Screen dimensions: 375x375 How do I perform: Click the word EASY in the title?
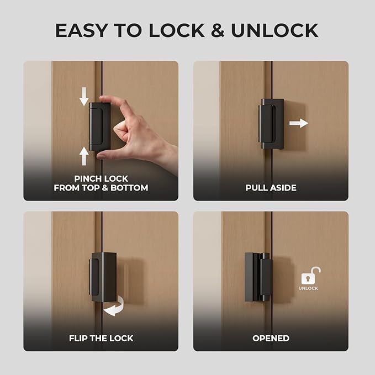coord(81,30)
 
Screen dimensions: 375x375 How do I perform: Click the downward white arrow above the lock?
coord(84,97)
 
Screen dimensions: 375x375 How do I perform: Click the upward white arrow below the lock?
coord(84,156)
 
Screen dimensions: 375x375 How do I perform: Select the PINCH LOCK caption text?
coord(101,178)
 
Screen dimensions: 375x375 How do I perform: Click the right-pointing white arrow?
coord(299,123)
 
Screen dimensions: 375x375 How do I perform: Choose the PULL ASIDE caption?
coord(271,188)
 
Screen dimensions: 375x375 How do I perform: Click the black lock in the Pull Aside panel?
coord(272,124)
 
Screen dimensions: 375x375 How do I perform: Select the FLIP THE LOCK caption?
coord(101,338)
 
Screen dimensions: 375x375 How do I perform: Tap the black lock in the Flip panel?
coord(103,276)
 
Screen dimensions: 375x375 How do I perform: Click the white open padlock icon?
coord(310,276)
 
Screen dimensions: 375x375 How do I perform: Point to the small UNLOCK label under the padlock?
coord(308,288)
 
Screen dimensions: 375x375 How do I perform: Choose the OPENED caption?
coord(271,338)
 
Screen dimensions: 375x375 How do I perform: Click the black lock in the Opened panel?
coord(258,276)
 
